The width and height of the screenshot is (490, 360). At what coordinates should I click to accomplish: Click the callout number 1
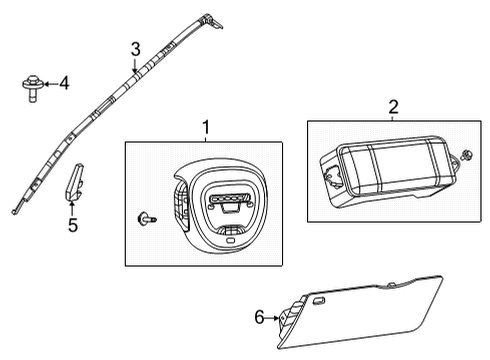point(206,127)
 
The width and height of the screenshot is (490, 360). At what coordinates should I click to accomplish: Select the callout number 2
point(393,106)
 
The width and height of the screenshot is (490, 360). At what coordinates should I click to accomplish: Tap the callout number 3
point(134,49)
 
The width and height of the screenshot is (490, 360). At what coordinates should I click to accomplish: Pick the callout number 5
point(72,225)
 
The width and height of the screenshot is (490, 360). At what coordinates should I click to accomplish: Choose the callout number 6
point(260,317)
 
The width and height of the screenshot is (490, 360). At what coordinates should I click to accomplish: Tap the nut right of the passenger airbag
point(467,155)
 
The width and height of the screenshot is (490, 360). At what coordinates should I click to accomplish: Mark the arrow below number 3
point(134,66)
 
